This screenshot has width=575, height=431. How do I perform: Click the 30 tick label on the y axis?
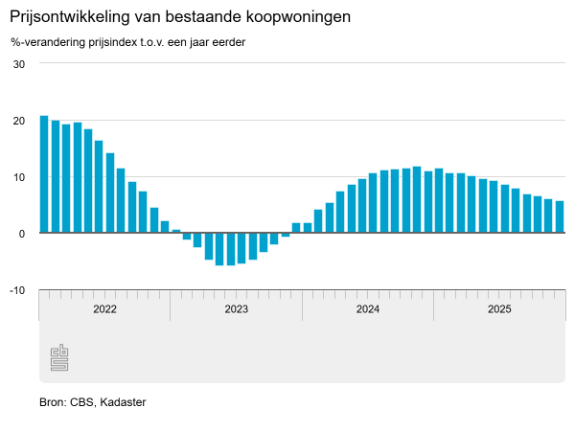click(18, 64)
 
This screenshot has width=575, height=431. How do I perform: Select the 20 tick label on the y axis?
click(18, 121)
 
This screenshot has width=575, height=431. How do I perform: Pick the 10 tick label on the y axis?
click(18, 177)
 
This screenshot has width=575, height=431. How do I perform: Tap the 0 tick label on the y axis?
click(21, 234)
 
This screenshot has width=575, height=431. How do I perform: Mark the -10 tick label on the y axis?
click(16, 290)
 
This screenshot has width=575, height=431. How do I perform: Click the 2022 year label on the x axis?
click(104, 309)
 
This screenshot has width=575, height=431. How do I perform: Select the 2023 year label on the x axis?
click(236, 309)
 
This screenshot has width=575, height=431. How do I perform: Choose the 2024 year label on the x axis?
click(368, 309)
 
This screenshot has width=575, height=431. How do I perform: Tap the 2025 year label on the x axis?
click(499, 309)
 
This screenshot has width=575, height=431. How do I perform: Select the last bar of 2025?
click(560, 216)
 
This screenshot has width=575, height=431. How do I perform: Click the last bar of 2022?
click(165, 227)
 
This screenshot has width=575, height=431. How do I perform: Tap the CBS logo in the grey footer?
click(58, 357)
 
